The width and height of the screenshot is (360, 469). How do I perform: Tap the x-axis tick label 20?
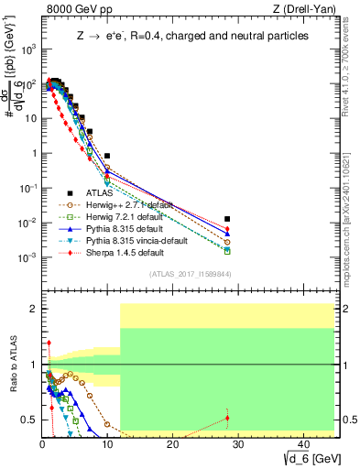(172, 443)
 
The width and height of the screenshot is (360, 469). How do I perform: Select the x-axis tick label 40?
(301, 443)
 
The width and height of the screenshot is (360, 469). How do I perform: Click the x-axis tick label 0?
(42, 443)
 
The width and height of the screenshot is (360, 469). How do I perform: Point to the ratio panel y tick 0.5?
(30, 420)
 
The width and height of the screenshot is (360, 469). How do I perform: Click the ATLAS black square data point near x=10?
(107, 157)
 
